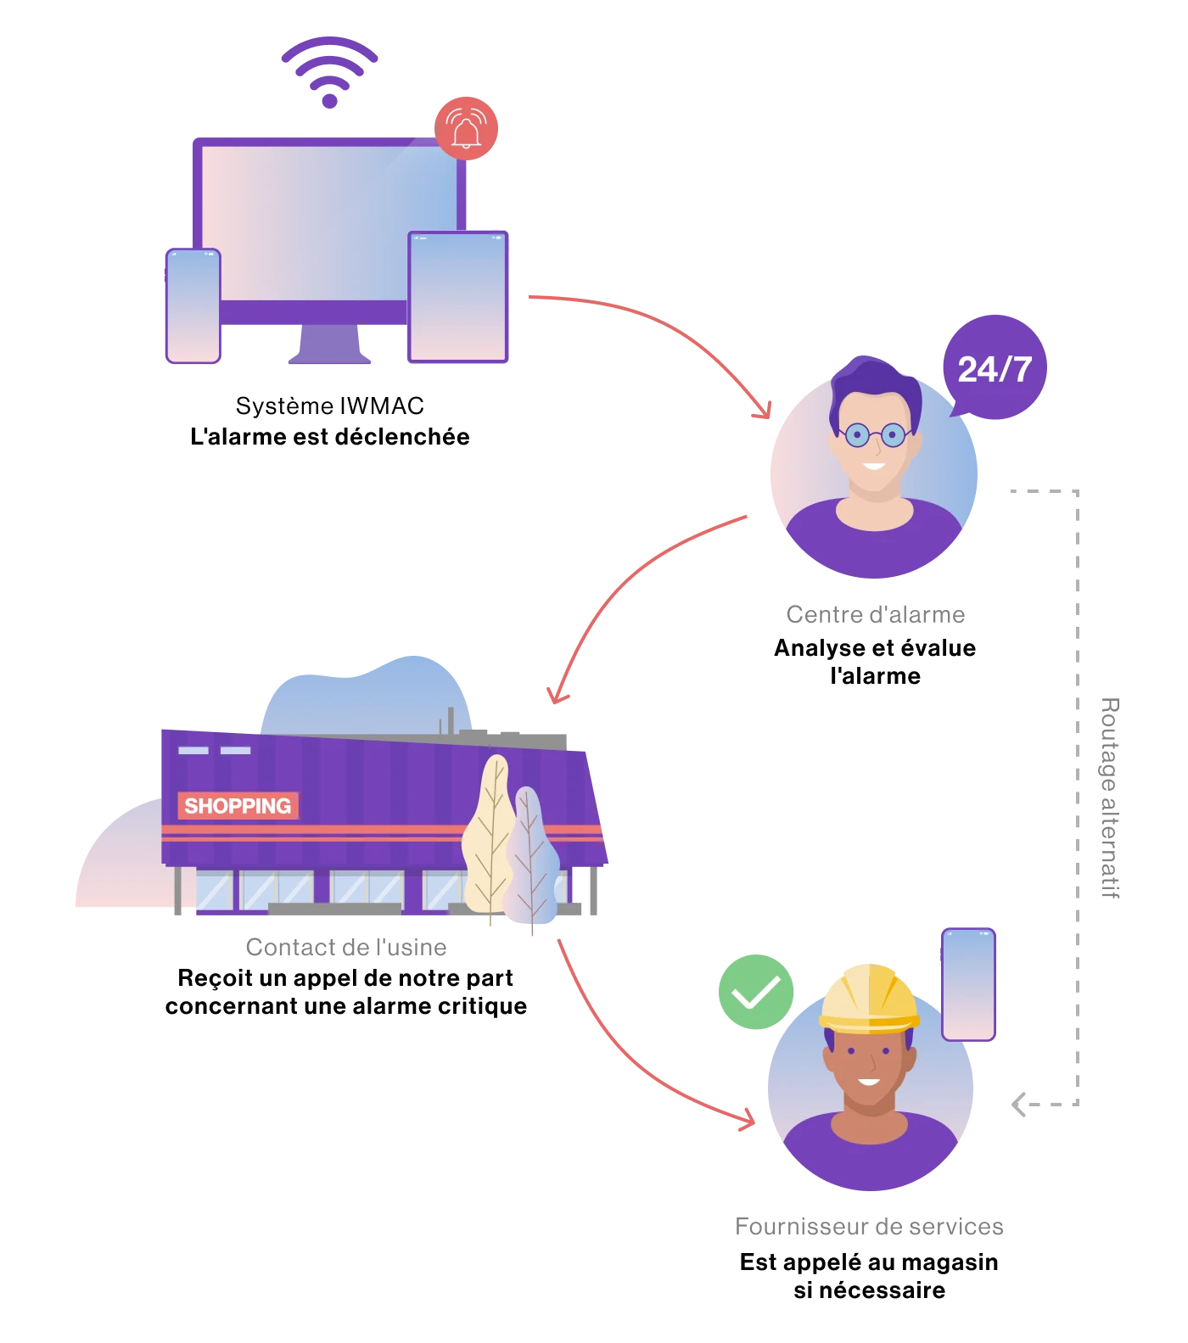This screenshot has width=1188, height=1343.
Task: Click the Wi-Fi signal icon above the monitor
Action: [x=329, y=71]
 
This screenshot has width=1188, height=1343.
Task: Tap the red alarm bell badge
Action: [x=466, y=129]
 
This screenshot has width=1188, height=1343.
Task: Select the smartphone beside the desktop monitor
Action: [x=193, y=306]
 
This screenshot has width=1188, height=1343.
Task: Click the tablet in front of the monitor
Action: [x=458, y=297]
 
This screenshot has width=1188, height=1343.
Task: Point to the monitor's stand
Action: [x=330, y=344]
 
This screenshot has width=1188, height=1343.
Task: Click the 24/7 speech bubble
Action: [x=994, y=367]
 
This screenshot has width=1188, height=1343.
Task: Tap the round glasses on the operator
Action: [x=874, y=435]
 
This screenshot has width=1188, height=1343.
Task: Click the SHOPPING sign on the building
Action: [x=238, y=806]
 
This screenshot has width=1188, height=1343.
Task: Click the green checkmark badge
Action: [x=755, y=992]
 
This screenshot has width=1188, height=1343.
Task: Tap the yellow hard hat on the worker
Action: [x=869, y=999]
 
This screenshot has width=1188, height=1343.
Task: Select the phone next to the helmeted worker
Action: [x=968, y=984]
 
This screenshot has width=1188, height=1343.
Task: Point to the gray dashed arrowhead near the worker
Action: [x=1018, y=1102]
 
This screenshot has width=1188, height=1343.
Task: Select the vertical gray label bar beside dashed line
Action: [x=1109, y=797]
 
